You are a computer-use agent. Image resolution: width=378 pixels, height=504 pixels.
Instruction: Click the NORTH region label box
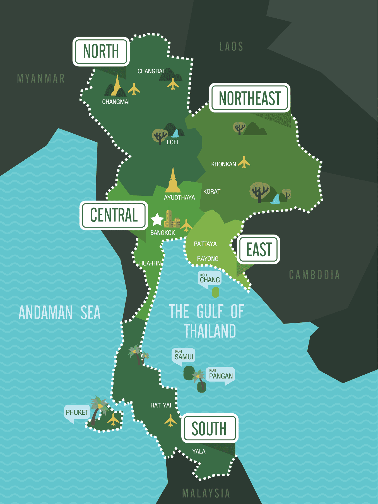pos(101,51)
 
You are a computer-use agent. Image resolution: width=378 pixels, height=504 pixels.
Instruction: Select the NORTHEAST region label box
pos(250,98)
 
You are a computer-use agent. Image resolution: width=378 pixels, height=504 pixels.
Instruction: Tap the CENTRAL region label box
pos(114,215)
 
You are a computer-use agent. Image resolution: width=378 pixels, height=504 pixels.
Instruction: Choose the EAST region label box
pos(259,249)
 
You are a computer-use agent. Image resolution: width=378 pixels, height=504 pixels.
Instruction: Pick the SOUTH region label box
pos(210,428)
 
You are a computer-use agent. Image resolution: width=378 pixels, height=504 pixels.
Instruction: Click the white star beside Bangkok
pos(157,220)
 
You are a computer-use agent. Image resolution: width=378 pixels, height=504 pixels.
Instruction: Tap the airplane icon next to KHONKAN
pos(244,162)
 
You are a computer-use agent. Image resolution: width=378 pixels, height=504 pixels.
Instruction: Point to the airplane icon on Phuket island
pos(113,419)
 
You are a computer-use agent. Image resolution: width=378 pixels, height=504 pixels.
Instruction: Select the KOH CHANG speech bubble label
pos(210,278)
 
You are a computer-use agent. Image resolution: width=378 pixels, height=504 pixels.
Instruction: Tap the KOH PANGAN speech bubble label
pos(221,375)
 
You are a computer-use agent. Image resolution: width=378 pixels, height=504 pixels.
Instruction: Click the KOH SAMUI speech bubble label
pos(184,356)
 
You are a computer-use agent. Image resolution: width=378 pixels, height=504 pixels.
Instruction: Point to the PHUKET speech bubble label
pos(77,412)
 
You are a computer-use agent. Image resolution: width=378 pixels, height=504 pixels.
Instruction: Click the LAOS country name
pos(231,47)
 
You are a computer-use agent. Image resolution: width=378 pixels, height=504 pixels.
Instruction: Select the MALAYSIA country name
pos(206,493)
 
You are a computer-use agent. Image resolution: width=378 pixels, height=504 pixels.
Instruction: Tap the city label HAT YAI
pos(161,405)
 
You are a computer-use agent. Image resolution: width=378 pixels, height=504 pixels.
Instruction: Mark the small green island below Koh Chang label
pos(215,292)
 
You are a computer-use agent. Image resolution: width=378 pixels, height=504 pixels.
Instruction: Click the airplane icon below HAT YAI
pos(170,421)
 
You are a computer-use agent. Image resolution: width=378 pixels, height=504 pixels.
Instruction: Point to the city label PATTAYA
pos(205,244)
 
